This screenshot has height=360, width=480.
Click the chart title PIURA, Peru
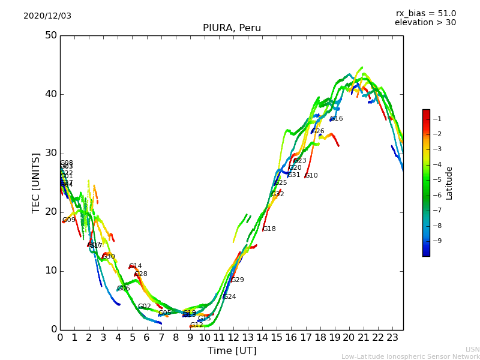(x=232, y=28)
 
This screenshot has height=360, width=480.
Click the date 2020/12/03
(x=47, y=16)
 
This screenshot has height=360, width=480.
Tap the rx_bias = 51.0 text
(x=425, y=13)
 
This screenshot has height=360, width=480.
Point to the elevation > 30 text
(x=425, y=23)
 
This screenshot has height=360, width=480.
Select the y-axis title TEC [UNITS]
(x=36, y=182)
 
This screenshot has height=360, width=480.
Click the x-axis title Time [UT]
(x=232, y=351)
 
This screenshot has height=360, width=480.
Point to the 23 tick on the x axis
(x=392, y=338)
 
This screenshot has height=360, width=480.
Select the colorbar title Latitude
(x=449, y=183)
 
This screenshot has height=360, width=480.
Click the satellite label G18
(x=269, y=229)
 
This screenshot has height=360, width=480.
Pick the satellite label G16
(x=337, y=119)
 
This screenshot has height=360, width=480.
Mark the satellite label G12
(x=197, y=325)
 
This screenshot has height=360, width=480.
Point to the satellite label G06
(x=124, y=289)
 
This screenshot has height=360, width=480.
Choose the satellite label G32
(x=278, y=194)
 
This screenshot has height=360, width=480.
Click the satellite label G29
(x=238, y=280)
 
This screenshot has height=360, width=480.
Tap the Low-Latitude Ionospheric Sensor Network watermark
(x=410, y=356)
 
